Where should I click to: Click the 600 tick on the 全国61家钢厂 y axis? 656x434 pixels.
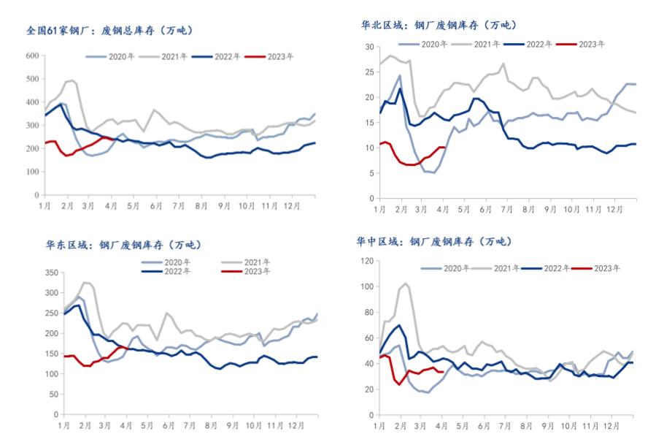tap(32, 56)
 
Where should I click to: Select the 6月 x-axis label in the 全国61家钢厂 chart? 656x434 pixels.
tap(155, 207)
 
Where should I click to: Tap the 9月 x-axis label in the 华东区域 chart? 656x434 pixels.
tap(232, 425)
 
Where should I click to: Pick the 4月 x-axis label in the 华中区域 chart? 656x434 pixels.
tap(443, 424)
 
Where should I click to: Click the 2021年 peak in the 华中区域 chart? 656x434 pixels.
tap(406, 283)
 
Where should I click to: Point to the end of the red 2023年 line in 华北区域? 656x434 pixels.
tap(444, 148)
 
